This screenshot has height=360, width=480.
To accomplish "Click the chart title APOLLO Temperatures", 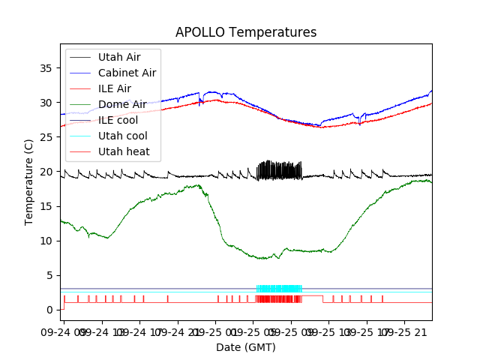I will pos(246,33).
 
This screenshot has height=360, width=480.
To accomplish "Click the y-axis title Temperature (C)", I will pos(29,181).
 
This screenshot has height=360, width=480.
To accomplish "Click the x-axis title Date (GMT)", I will pos(246,347).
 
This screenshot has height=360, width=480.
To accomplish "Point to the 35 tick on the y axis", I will pos(47,68).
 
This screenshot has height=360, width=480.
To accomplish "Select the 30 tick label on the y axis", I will pos(47,103).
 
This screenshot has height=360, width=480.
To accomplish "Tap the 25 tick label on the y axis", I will pos(47,137).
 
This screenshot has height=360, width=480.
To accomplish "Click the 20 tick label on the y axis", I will pos(47,172).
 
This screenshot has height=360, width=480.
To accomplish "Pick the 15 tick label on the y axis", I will pos(47,206).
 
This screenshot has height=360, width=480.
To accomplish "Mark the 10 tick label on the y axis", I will pos(47,241).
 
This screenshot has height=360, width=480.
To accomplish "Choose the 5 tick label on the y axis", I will pos(50,275).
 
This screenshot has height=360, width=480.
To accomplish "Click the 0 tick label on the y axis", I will pos(50,310).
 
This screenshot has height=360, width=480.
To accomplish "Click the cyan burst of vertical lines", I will pos(279,289).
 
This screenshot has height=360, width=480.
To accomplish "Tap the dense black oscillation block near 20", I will pos(279,171).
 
